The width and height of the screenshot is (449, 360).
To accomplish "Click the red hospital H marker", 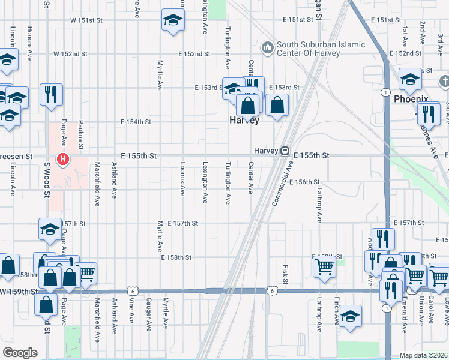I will [62, 159].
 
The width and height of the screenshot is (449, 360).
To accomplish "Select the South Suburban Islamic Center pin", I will [267, 47].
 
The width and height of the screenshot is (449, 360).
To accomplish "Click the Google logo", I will [20, 353].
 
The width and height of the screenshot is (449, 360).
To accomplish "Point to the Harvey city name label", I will [245, 121].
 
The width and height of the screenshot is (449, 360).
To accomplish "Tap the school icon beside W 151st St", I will [172, 21].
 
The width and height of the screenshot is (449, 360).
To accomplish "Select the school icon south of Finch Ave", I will [349, 316].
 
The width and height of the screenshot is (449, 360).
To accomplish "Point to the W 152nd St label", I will [70, 53].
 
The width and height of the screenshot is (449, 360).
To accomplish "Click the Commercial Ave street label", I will [283, 183].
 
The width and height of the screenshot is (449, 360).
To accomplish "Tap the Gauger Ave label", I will [148, 312].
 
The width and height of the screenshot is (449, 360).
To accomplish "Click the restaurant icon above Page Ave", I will [51, 94].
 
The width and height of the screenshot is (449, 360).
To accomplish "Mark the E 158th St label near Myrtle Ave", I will [176, 257].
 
